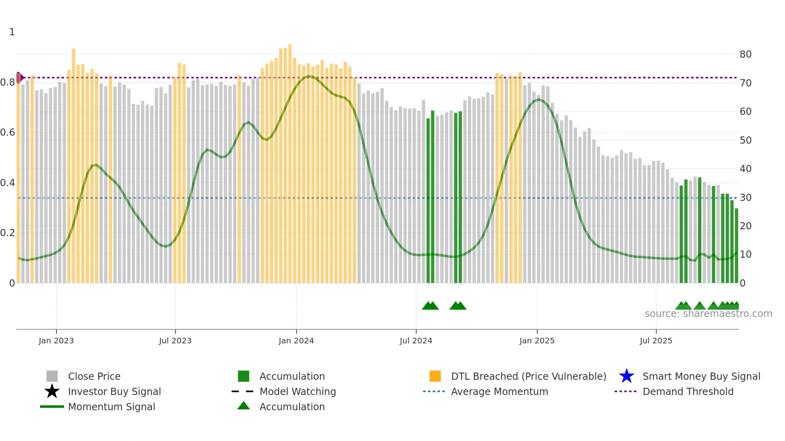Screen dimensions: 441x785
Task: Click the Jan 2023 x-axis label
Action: pos(56,341)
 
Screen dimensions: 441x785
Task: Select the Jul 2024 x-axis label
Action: pos(416,341)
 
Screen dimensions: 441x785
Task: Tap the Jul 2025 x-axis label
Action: pos(656,341)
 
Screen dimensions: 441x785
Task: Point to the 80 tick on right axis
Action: pos(745,54)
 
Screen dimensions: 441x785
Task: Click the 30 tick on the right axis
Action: pos(745,197)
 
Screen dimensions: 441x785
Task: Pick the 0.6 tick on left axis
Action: pos(8,132)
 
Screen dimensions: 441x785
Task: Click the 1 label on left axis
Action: pos(12,32)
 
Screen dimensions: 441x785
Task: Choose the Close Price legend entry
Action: pos(94,376)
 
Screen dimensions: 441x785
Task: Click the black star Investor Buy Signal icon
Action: pos(52,391)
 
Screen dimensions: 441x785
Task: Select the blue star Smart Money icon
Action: pos(626,376)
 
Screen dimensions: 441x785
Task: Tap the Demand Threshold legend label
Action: pos(688,391)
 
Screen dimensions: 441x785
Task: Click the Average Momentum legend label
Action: pos(499,391)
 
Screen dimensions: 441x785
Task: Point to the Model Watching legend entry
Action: pos(297,391)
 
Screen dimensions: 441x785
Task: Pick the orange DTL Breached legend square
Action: pos(435,376)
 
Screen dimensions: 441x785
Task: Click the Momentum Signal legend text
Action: pos(111,407)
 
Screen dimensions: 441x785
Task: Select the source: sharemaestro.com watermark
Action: pos(708,314)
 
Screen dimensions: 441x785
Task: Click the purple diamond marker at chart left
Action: pos(19,77)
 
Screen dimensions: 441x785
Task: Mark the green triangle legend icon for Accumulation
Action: pos(244,406)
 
